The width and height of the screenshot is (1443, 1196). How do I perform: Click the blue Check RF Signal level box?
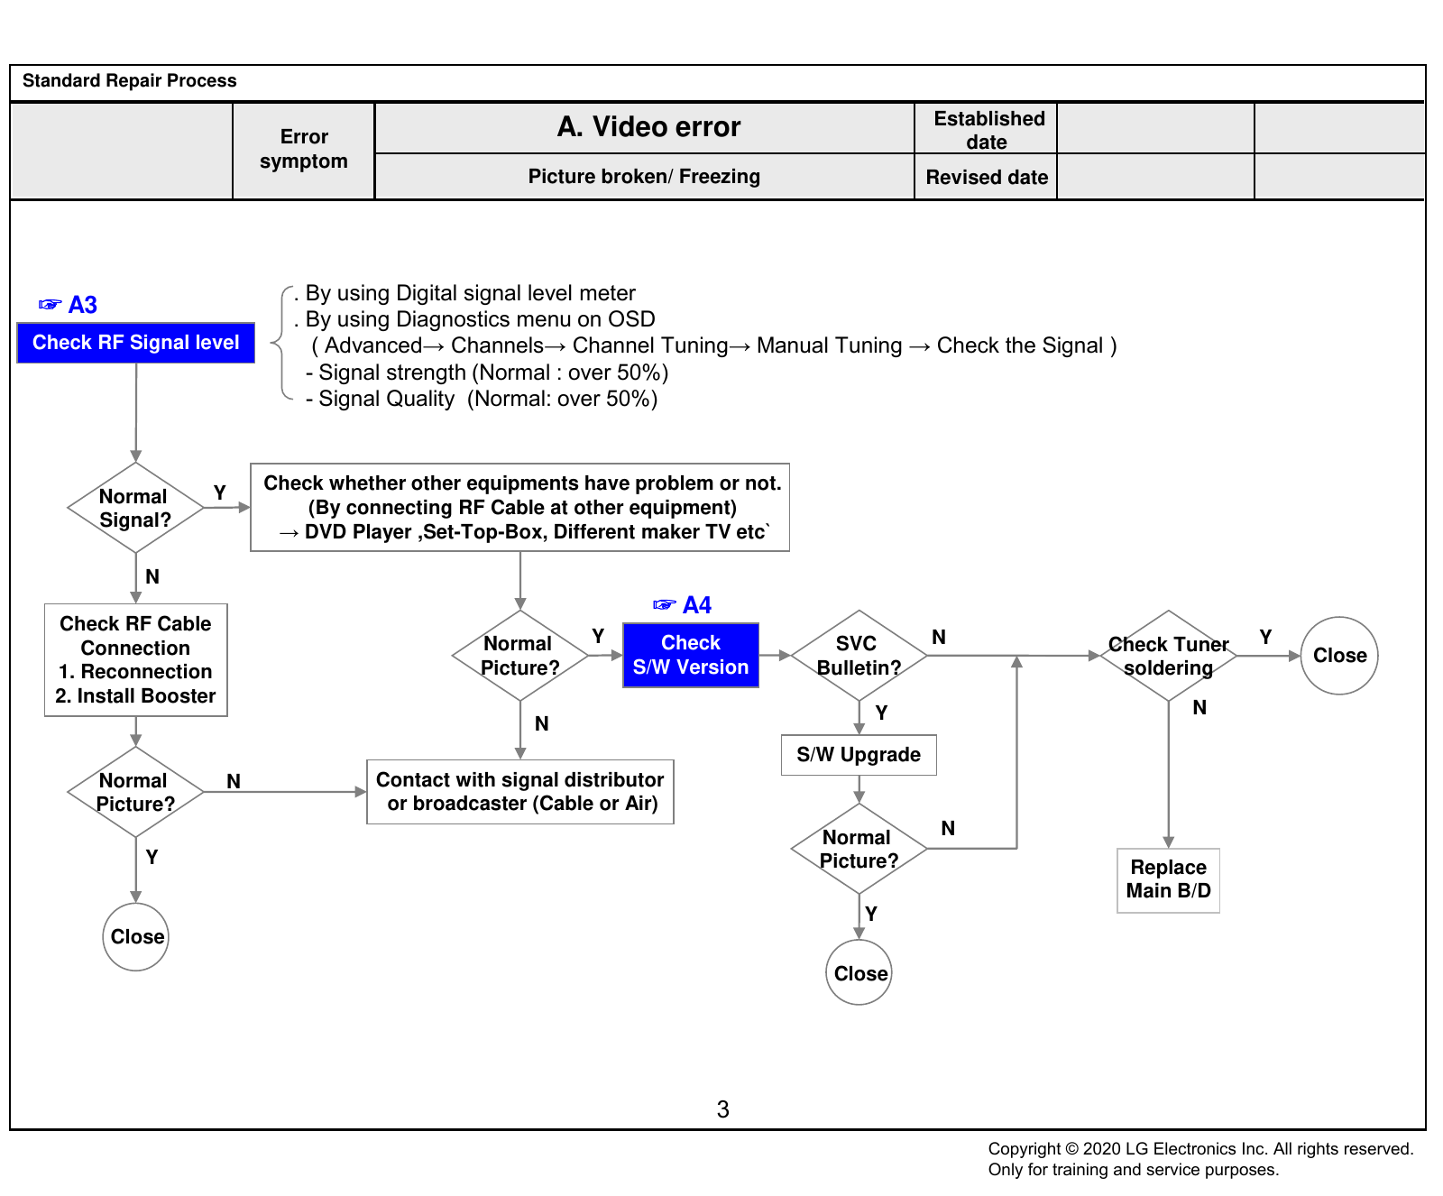[x=135, y=343]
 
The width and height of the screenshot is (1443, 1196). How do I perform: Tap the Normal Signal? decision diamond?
[x=135, y=508]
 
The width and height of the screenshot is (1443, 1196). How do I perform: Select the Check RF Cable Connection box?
[x=136, y=660]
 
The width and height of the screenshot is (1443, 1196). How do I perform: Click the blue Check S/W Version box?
[x=691, y=655]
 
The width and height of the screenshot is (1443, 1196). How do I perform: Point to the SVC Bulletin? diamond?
[x=859, y=656]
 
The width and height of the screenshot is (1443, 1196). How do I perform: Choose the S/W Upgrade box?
[x=859, y=755]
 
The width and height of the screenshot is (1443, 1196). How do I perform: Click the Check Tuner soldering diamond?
[x=1169, y=656]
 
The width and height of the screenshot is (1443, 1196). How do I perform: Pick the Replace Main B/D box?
[x=1169, y=880]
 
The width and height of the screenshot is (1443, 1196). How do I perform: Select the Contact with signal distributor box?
[x=520, y=792]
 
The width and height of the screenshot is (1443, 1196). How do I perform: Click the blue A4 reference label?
[x=682, y=604]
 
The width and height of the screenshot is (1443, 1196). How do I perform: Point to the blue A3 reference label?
[x=68, y=305]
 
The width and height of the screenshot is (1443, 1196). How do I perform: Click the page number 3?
[x=722, y=1109]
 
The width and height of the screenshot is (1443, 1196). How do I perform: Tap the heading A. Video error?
[x=648, y=127]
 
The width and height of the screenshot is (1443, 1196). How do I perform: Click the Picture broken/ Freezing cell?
[x=644, y=177]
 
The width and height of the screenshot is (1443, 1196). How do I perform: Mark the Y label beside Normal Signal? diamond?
[x=219, y=492]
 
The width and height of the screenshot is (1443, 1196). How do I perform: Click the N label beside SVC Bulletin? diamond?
[x=939, y=637]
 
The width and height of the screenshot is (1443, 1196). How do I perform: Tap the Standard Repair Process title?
[x=130, y=81]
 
